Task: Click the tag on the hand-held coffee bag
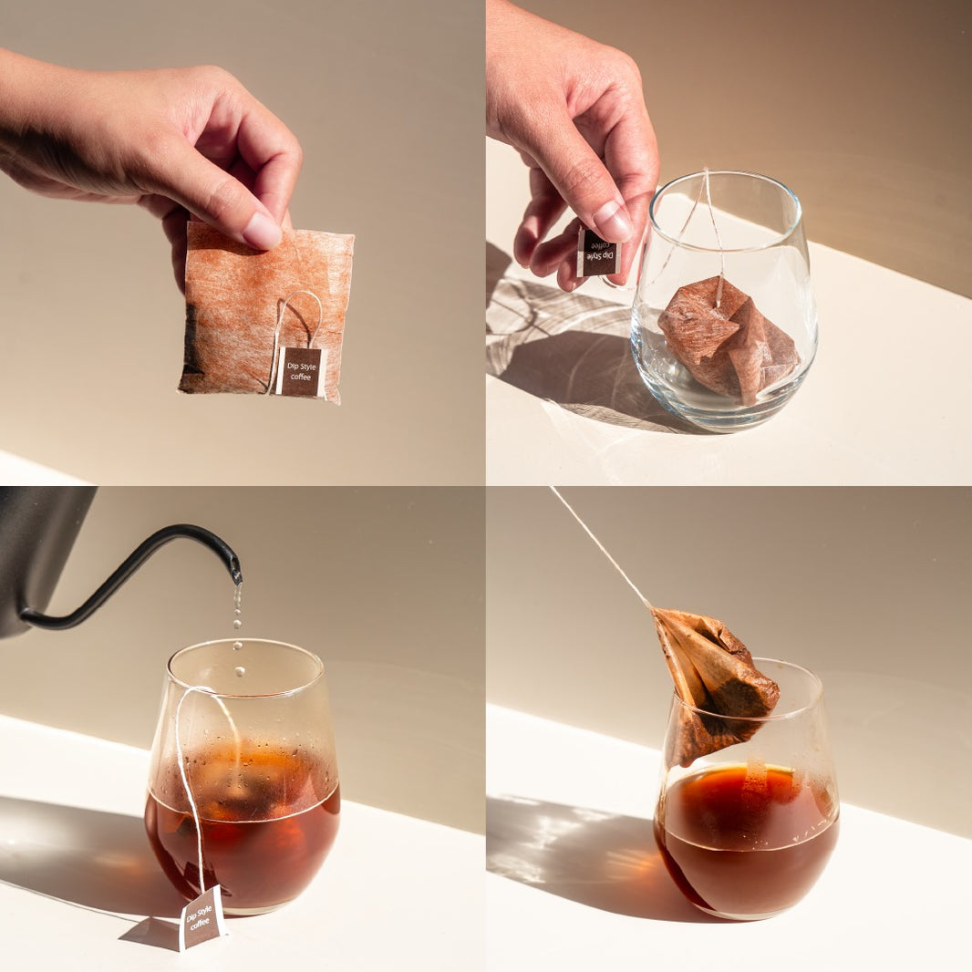[301, 371]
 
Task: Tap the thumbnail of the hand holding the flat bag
[263, 231]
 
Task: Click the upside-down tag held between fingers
[598, 252]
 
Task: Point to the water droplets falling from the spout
[237, 626]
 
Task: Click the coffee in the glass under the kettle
[243, 849]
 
